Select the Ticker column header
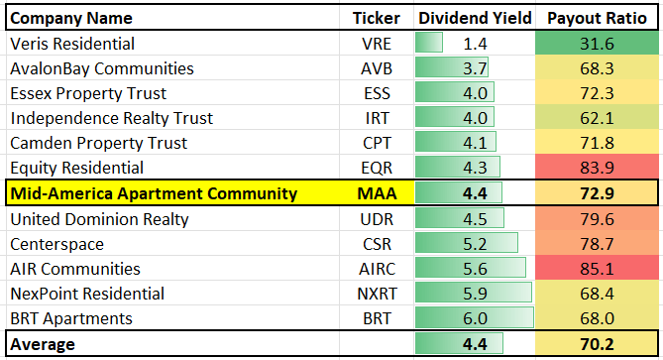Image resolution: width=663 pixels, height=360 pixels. tap(375, 18)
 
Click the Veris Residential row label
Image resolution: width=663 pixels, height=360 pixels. tap(72, 44)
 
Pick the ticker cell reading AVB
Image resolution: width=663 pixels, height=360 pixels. tap(375, 68)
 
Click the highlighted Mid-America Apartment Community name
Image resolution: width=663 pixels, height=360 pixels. tap(153, 194)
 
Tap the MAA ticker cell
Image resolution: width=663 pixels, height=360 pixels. tap(375, 194)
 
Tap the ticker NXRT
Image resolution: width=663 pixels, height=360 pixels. tap(375, 294)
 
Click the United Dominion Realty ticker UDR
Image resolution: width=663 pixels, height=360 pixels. tap(375, 219)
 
